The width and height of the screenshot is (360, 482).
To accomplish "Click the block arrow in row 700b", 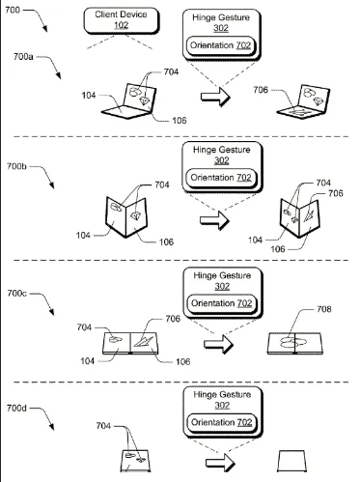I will pos(215,220).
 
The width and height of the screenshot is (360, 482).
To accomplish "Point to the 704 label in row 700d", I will pos(107,426).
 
